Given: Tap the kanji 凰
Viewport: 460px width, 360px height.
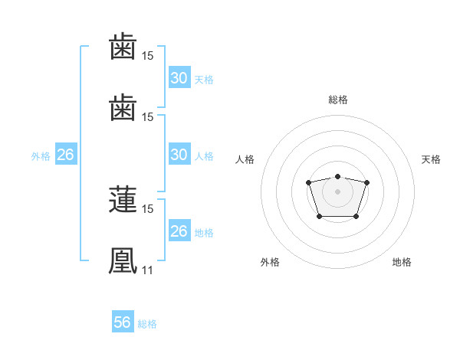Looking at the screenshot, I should (123, 260).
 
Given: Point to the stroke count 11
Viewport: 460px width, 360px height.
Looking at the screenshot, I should (147, 270).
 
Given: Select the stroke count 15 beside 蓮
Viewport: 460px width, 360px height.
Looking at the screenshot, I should (148, 208).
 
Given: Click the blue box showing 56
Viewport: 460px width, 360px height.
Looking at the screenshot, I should (122, 322).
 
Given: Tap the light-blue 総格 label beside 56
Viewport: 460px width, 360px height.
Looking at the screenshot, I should (147, 324).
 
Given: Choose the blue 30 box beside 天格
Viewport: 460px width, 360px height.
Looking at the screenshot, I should (179, 78).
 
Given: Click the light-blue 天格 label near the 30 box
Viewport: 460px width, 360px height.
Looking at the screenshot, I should (204, 80).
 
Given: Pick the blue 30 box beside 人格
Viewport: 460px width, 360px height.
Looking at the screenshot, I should (179, 155).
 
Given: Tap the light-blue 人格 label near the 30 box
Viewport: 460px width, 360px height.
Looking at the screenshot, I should (204, 156).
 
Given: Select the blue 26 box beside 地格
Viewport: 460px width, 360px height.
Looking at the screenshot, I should (179, 231).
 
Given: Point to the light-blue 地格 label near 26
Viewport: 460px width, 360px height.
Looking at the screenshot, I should (204, 233).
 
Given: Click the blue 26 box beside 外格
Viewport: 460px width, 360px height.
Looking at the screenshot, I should (65, 155).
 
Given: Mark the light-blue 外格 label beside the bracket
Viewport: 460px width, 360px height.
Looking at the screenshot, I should (41, 156).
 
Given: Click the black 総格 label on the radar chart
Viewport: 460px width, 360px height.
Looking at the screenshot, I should (338, 100).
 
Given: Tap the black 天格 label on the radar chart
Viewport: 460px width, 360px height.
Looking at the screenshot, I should (431, 159).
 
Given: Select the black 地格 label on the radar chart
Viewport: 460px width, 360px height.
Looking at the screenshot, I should (402, 262).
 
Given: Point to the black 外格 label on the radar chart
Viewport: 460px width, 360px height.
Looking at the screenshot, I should (270, 262).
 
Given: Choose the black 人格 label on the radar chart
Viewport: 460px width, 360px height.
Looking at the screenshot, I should (245, 159).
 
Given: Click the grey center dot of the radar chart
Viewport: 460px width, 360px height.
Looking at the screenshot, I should (337, 191).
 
